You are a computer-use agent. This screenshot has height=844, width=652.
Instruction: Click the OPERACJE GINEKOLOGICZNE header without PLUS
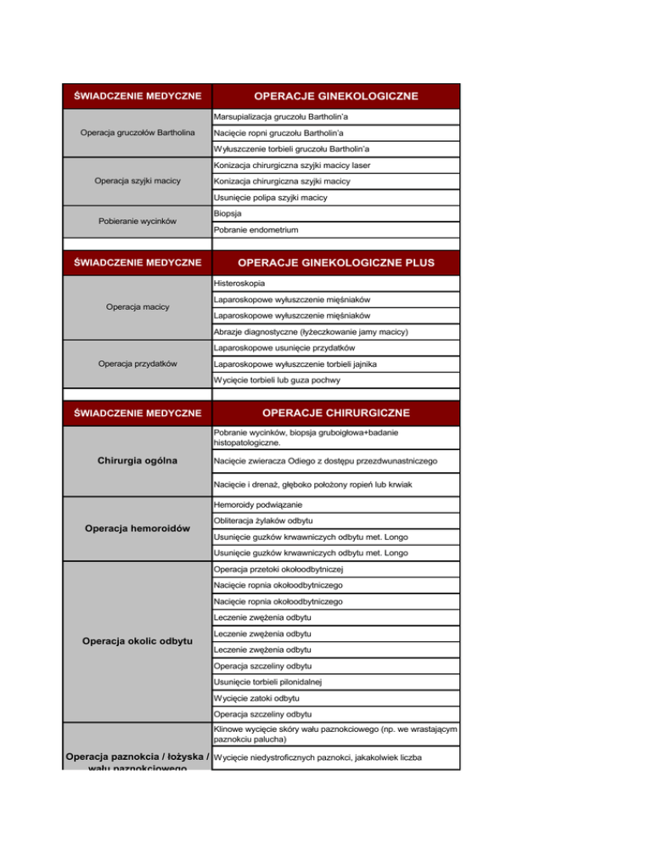335,96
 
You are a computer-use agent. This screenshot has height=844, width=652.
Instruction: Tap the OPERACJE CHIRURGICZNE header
335,413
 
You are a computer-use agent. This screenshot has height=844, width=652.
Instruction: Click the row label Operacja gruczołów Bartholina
137,133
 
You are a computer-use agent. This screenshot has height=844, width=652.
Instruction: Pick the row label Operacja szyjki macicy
137,182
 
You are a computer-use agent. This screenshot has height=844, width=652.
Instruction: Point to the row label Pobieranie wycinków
137,222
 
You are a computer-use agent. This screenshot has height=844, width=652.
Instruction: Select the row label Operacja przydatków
137,363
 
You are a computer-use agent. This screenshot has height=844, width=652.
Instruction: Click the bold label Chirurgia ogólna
137,462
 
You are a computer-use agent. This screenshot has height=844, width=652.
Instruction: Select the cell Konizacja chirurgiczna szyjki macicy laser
292,165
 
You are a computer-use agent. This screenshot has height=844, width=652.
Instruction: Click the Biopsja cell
229,214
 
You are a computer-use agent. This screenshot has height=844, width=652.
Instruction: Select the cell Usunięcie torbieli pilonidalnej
267,681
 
